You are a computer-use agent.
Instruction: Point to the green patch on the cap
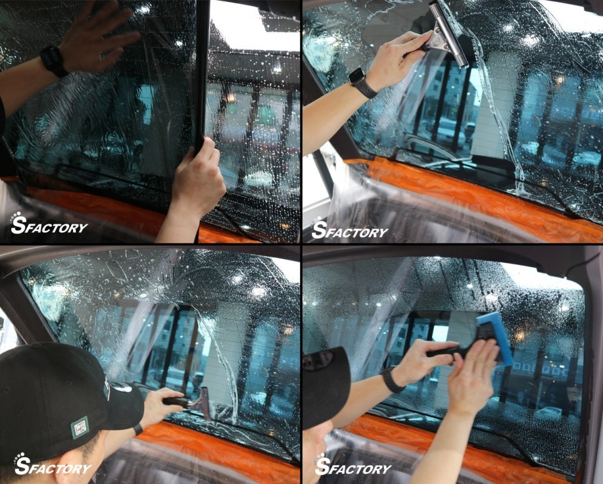point(80,427)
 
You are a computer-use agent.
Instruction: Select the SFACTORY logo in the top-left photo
point(49,224)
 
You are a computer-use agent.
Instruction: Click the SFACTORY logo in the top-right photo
point(349,229)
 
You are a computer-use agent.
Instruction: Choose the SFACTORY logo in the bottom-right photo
point(353,465)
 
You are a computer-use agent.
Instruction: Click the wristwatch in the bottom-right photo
point(392,380)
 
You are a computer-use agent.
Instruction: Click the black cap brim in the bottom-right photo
point(326,388)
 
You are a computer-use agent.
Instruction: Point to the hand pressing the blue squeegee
point(473,375)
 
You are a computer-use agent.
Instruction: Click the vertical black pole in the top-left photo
point(202,73)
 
